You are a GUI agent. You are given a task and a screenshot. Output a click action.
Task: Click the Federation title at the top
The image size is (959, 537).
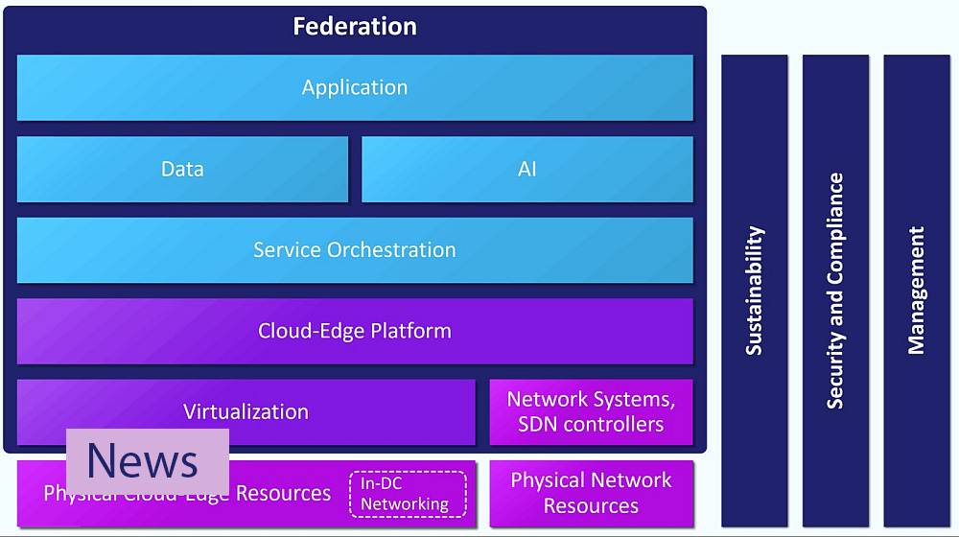(x=355, y=26)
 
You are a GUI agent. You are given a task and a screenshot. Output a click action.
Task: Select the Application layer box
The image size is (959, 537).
(x=355, y=87)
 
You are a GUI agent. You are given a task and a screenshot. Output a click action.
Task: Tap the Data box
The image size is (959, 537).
(x=182, y=169)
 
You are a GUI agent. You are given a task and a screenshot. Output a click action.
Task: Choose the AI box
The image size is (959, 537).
(x=526, y=169)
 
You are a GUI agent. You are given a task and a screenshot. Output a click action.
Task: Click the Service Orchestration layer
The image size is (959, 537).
(x=355, y=250)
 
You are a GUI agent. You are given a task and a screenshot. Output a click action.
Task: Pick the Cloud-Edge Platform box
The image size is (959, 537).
(x=355, y=331)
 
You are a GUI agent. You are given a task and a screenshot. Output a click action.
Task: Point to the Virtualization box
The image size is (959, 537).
(x=246, y=411)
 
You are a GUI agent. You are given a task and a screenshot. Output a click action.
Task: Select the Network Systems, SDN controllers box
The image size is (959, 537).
(x=591, y=411)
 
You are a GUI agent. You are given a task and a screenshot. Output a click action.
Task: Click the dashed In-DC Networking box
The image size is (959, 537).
(x=408, y=494)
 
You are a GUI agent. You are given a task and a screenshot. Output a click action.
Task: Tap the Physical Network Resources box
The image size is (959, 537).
(x=591, y=493)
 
